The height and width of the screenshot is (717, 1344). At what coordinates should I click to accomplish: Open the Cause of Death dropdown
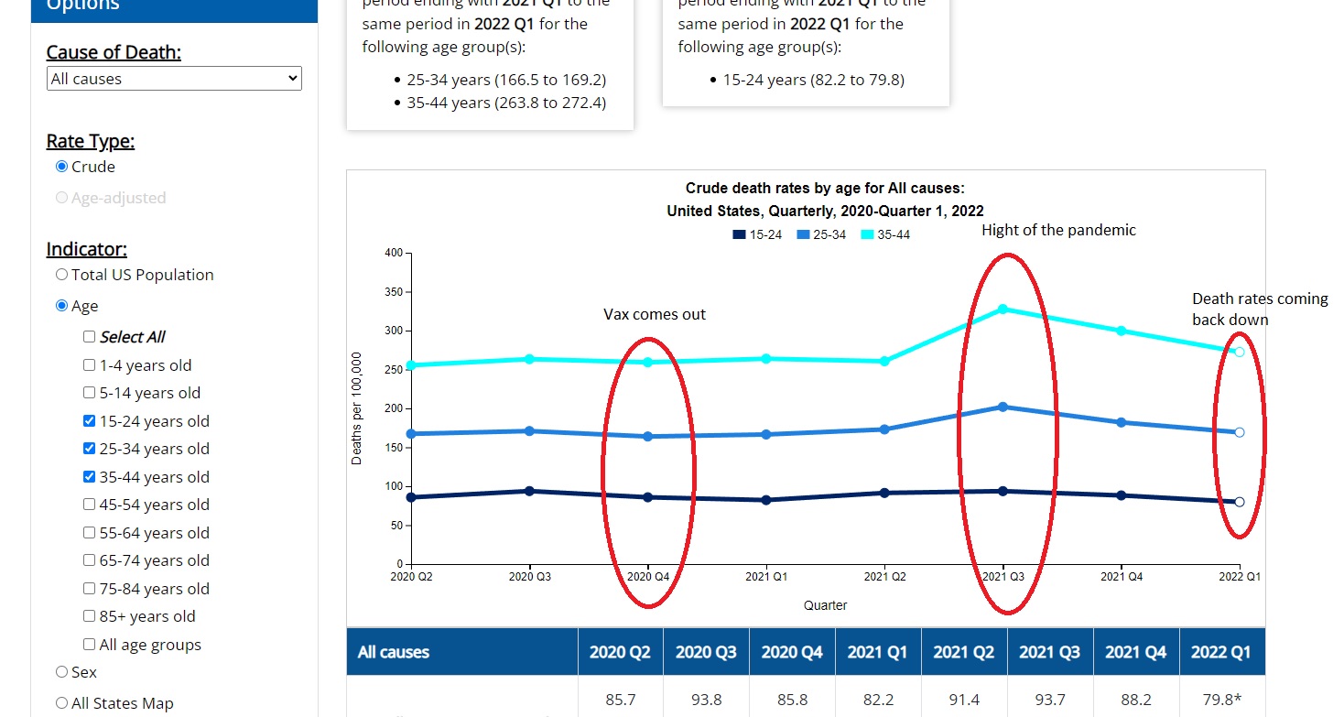coord(174,79)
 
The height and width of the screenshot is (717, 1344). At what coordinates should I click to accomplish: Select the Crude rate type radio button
coord(62,167)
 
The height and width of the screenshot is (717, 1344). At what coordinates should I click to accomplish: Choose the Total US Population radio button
coord(62,275)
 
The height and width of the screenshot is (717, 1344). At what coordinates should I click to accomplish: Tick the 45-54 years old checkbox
coord(89,505)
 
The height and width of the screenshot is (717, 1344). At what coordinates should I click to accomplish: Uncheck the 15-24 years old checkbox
coord(89,421)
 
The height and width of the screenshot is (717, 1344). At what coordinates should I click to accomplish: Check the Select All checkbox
coord(89,337)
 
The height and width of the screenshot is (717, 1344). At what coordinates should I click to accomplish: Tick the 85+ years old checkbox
coord(89,616)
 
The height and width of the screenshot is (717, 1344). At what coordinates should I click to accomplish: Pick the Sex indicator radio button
coord(62,672)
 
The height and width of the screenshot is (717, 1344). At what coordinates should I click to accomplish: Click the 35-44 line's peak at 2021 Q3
coord(1003,309)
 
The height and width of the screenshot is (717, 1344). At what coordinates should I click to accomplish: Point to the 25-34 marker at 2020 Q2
coord(411,434)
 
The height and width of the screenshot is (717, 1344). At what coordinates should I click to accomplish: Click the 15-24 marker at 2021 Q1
coord(766,500)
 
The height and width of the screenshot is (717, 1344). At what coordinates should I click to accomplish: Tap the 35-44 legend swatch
coord(868,235)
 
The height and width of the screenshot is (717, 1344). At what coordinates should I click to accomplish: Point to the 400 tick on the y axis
coord(392,253)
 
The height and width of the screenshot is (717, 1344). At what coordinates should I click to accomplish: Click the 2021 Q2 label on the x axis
coord(884,577)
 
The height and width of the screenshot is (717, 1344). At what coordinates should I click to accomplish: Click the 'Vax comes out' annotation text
coord(655,314)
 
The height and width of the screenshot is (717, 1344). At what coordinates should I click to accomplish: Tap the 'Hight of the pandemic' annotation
coord(1058,230)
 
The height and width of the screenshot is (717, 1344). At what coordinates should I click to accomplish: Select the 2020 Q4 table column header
coord(792,652)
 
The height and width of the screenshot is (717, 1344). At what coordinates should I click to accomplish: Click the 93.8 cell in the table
coord(706,700)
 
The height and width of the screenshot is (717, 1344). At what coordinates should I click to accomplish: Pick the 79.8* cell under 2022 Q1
coord(1221,700)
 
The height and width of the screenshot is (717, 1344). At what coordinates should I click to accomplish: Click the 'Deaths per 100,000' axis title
coord(357,408)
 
